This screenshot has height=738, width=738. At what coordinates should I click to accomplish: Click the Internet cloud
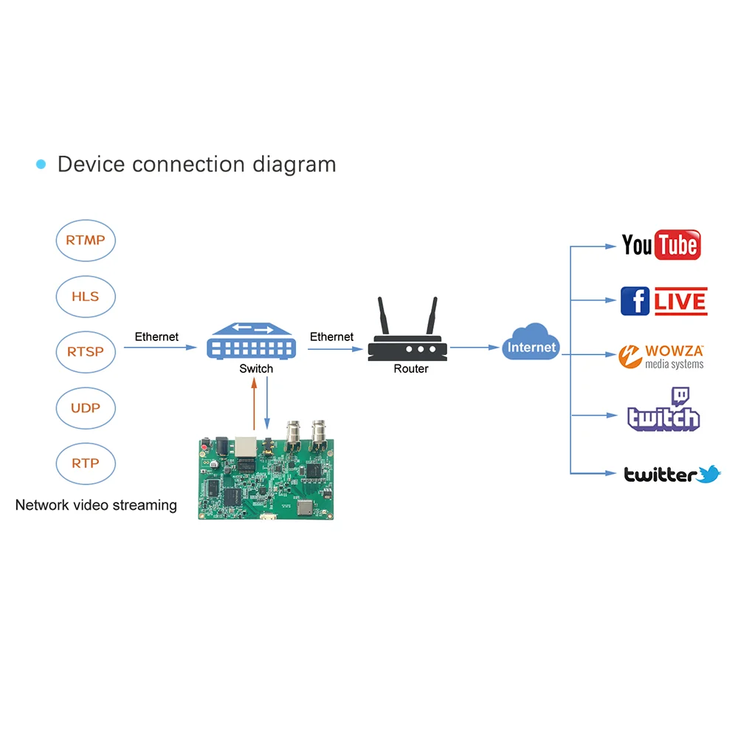[531, 342]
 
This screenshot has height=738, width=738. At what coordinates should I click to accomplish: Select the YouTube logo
[661, 245]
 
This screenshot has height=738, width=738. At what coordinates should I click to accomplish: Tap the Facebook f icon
[635, 301]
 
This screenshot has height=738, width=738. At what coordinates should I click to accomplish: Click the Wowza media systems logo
[661, 356]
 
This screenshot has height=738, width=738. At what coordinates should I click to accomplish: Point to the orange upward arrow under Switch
[254, 404]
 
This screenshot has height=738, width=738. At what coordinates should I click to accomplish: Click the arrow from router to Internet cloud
[475, 348]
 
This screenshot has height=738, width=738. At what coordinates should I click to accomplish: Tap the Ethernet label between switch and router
[331, 337]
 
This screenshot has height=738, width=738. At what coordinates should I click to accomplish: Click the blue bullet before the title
[41, 165]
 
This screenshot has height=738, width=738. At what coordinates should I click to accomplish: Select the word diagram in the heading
[294, 165]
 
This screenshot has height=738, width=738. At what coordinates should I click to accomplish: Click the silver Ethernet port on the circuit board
[246, 446]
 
